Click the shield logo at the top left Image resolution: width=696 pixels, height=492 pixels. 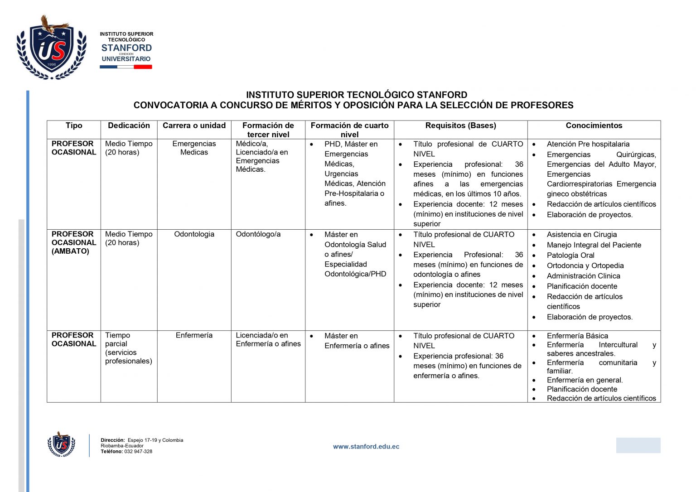click(51, 48)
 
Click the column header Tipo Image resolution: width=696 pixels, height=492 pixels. click(74, 126)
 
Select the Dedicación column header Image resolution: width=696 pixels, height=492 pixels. click(129, 126)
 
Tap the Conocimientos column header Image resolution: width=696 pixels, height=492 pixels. click(594, 126)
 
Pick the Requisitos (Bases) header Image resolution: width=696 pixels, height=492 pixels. click(460, 126)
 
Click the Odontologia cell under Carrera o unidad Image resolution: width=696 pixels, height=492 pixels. click(194, 234)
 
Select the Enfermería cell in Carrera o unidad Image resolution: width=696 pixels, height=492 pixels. click(194, 335)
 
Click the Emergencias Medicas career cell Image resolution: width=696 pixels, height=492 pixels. click(194, 148)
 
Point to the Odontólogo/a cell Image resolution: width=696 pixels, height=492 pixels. click(258, 234)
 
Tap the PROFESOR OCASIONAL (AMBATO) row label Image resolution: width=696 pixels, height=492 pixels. click(74, 242)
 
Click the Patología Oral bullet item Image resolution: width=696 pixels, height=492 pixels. click(570, 256)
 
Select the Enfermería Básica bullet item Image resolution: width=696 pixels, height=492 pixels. click(577, 336)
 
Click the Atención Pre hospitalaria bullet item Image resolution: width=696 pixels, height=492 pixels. click(588, 144)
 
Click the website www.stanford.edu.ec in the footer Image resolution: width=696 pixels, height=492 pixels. click(366, 447)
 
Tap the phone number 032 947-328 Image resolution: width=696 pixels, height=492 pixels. click(138, 452)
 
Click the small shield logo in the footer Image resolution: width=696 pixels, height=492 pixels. click(61, 444)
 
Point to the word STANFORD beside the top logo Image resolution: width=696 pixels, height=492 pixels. click(126, 48)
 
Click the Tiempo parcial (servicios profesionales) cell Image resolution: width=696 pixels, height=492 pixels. click(128, 348)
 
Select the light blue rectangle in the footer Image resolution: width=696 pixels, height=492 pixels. click(638, 445)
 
